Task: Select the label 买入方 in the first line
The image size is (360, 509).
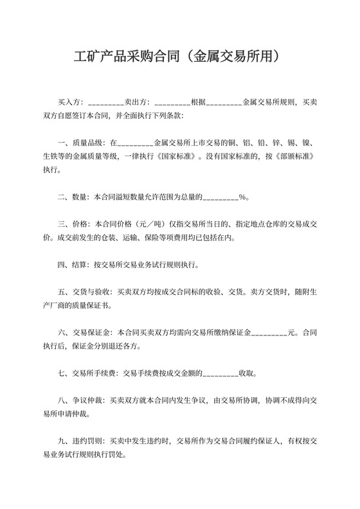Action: click(71, 102)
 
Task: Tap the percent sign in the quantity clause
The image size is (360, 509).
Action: click(242, 197)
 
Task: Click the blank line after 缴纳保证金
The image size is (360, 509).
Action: click(268, 333)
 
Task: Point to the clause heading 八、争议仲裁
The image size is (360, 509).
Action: click(82, 399)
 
